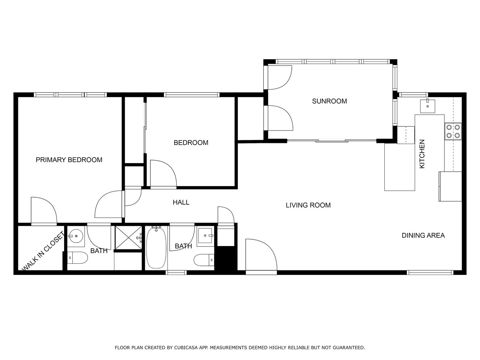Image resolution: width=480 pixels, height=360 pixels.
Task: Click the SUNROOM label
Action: pyautogui.click(x=329, y=101)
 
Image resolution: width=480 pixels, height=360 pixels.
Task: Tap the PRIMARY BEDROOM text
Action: pyautogui.click(x=69, y=160)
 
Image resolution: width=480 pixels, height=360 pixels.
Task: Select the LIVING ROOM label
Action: pyautogui.click(x=308, y=205)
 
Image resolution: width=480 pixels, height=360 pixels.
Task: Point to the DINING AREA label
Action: pyautogui.click(x=423, y=235)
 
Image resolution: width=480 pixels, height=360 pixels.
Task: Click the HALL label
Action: pyautogui.click(x=181, y=202)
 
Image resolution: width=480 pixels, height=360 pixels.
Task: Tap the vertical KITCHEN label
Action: pyautogui.click(x=422, y=154)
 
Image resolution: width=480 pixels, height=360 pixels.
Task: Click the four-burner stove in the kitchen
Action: pyautogui.click(x=453, y=131)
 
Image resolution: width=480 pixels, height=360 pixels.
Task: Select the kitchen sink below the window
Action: pyautogui.click(x=427, y=106)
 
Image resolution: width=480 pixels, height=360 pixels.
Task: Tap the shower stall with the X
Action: pyautogui.click(x=129, y=237)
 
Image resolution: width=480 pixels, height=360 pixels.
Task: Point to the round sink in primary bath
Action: pyautogui.click(x=76, y=236)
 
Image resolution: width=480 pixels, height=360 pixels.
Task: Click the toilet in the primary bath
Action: pyautogui.click(x=77, y=258)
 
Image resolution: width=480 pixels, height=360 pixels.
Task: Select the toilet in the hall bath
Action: pyautogui.click(x=204, y=260)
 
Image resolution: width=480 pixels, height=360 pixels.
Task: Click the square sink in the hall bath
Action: pyautogui.click(x=205, y=235)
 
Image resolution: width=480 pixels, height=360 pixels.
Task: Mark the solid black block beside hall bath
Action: pyautogui.click(x=226, y=259)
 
